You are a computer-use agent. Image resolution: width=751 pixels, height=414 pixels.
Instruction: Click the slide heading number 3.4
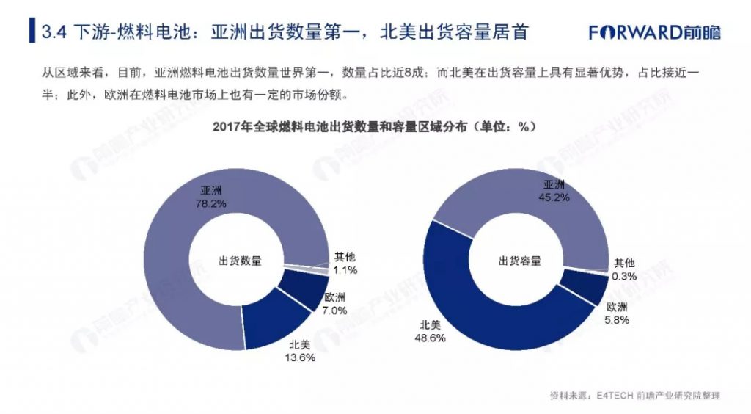point(55,33)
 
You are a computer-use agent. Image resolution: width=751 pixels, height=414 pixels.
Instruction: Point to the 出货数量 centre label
point(240,261)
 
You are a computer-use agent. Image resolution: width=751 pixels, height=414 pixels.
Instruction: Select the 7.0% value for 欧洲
point(334,310)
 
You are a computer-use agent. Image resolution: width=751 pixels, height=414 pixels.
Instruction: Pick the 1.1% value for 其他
point(345,270)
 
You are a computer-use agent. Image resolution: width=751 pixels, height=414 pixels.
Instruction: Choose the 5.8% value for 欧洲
point(617,319)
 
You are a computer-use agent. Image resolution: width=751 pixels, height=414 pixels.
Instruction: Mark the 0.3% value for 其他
point(625,276)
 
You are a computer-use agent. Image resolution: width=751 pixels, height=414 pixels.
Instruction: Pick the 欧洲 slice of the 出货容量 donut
point(583,286)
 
